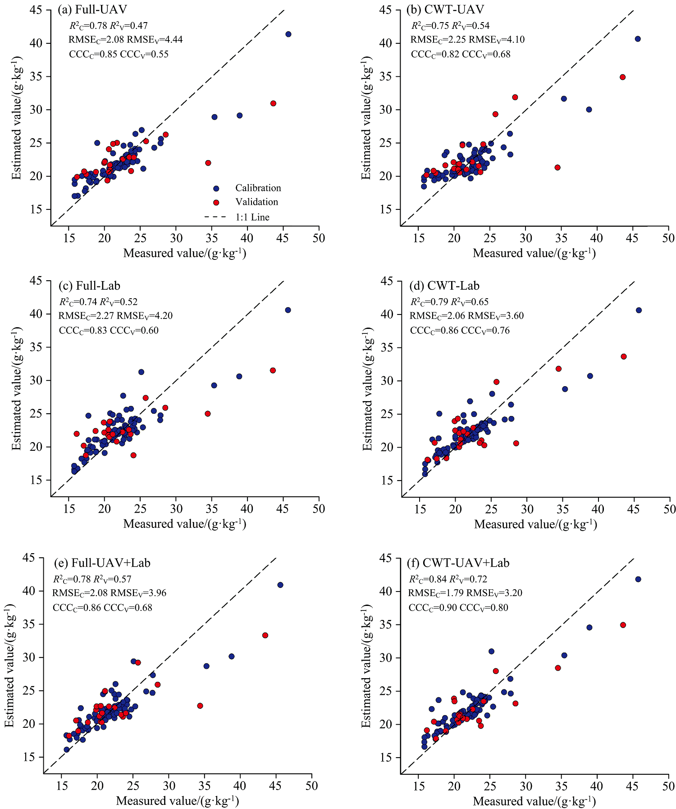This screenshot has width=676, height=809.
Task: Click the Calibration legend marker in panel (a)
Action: click(x=216, y=188)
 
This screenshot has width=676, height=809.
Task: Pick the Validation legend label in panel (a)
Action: click(x=256, y=202)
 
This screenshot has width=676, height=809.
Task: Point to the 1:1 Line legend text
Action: click(x=252, y=217)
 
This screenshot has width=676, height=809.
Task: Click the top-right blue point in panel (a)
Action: click(x=288, y=34)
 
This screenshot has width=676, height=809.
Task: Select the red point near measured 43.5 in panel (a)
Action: click(x=273, y=103)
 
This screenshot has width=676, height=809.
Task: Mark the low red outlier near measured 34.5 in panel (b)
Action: click(x=557, y=167)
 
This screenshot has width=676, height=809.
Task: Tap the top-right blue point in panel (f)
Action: click(x=638, y=579)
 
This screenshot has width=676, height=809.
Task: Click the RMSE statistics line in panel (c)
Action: click(x=115, y=316)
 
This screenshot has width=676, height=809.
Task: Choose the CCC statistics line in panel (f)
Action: click(x=458, y=607)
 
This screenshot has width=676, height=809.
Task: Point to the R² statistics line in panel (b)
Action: click(x=450, y=26)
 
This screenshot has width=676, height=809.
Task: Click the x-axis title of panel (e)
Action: click(x=178, y=801)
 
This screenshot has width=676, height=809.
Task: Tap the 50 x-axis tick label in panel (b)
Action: click(x=668, y=238)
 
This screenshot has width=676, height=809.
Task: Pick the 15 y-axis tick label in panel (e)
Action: click(x=29, y=757)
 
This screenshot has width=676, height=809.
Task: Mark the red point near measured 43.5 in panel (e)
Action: click(x=265, y=635)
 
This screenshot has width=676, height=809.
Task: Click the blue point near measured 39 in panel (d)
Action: click(x=590, y=376)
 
